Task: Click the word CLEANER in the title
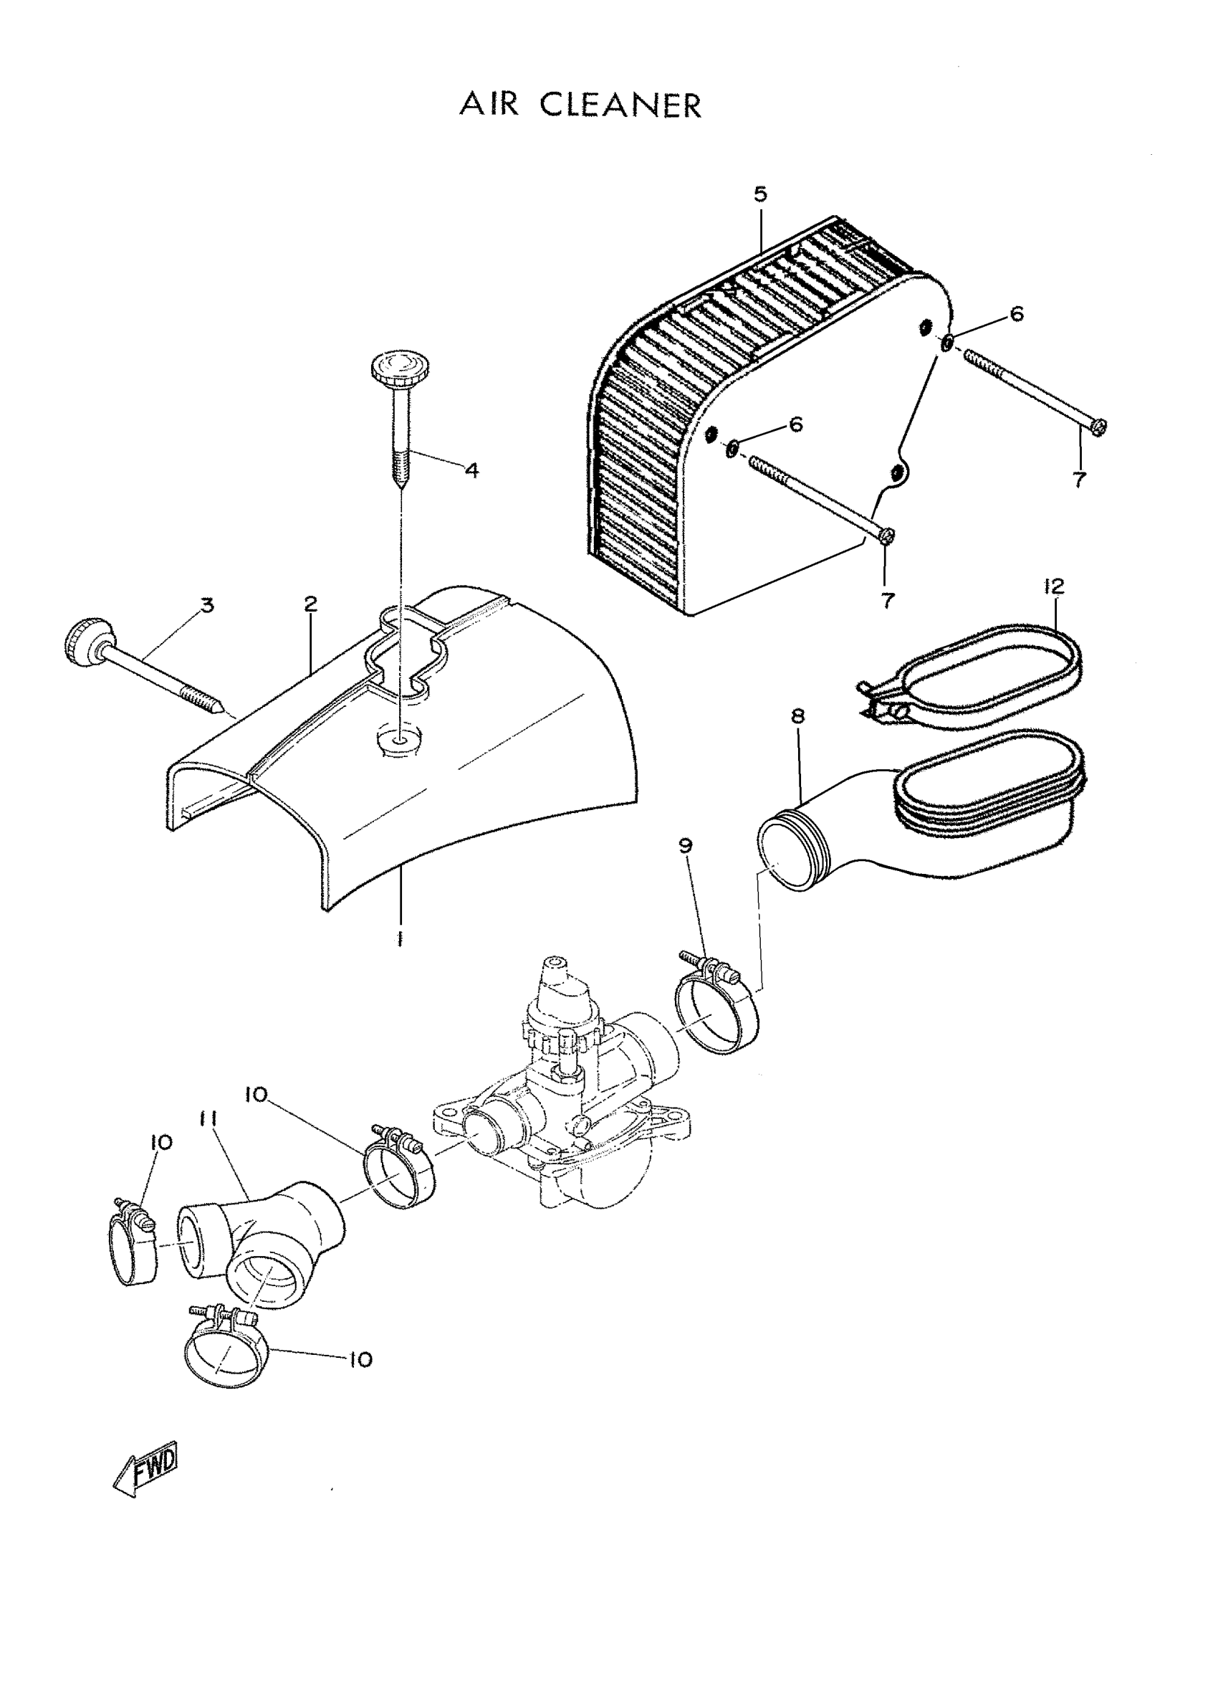(x=620, y=105)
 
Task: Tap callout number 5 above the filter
(x=760, y=194)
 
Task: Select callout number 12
(x=1053, y=586)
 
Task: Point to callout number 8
(x=798, y=717)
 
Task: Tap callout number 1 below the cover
(x=400, y=940)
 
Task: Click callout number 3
(x=207, y=605)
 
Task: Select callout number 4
(x=472, y=471)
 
